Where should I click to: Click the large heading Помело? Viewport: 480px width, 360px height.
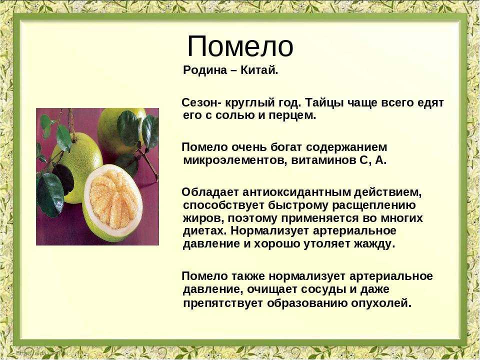point(240,46)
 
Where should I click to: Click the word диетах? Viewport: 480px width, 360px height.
point(205,231)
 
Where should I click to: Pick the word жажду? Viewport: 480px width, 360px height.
point(373,244)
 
